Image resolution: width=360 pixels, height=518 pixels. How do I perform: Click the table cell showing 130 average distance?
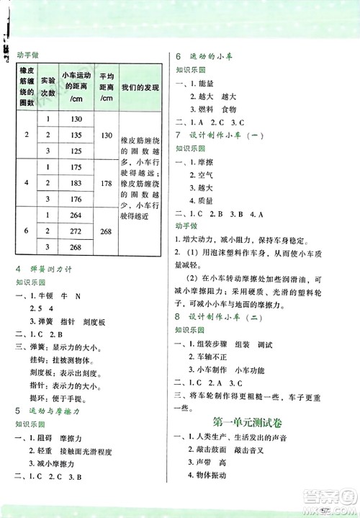tap(107, 135)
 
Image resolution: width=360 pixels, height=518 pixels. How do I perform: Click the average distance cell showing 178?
tap(107, 184)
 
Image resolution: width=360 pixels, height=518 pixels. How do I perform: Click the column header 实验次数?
tap(48, 88)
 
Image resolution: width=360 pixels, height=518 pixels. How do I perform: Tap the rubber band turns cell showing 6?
tap(26, 231)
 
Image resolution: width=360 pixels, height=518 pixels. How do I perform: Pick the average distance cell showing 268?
tap(107, 231)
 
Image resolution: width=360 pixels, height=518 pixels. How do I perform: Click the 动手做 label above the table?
tap(27, 53)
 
